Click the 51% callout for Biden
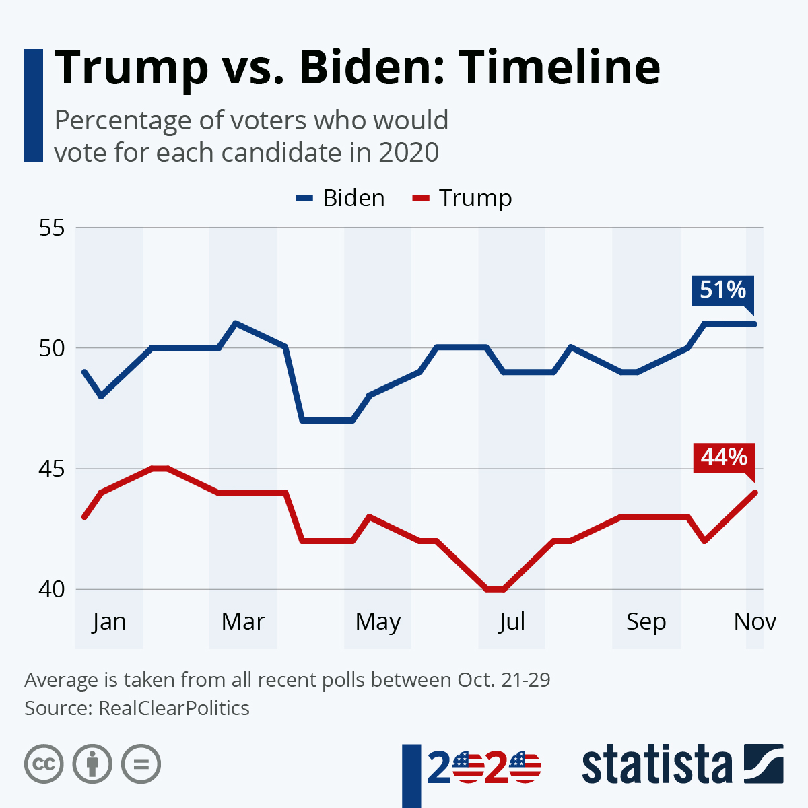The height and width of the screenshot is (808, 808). coord(722,291)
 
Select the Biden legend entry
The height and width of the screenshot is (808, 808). coord(341,198)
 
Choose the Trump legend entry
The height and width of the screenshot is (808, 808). coord(463,198)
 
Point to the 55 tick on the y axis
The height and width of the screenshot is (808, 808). coord(52,228)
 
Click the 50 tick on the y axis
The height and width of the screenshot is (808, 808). coord(52,348)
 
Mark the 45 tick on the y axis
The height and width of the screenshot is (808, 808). coord(52,469)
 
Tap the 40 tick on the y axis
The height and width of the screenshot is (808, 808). coord(52,589)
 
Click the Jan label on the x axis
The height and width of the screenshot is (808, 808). coord(109,621)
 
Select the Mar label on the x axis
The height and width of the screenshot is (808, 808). coord(243,621)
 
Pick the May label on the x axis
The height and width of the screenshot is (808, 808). coord(378,621)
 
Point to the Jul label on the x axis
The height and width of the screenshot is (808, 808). coord(512,621)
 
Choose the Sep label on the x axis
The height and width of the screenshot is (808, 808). coord(646,621)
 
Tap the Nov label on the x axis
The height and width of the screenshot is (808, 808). coord(755,621)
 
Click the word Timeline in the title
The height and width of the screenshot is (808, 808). coord(560,67)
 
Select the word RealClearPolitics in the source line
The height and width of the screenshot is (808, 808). coord(174,708)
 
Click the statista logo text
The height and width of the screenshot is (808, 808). coord(656,765)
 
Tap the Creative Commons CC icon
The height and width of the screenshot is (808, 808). coord(44,764)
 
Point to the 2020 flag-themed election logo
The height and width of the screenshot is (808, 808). coord(483,768)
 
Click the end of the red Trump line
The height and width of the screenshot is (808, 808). coord(755,492)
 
